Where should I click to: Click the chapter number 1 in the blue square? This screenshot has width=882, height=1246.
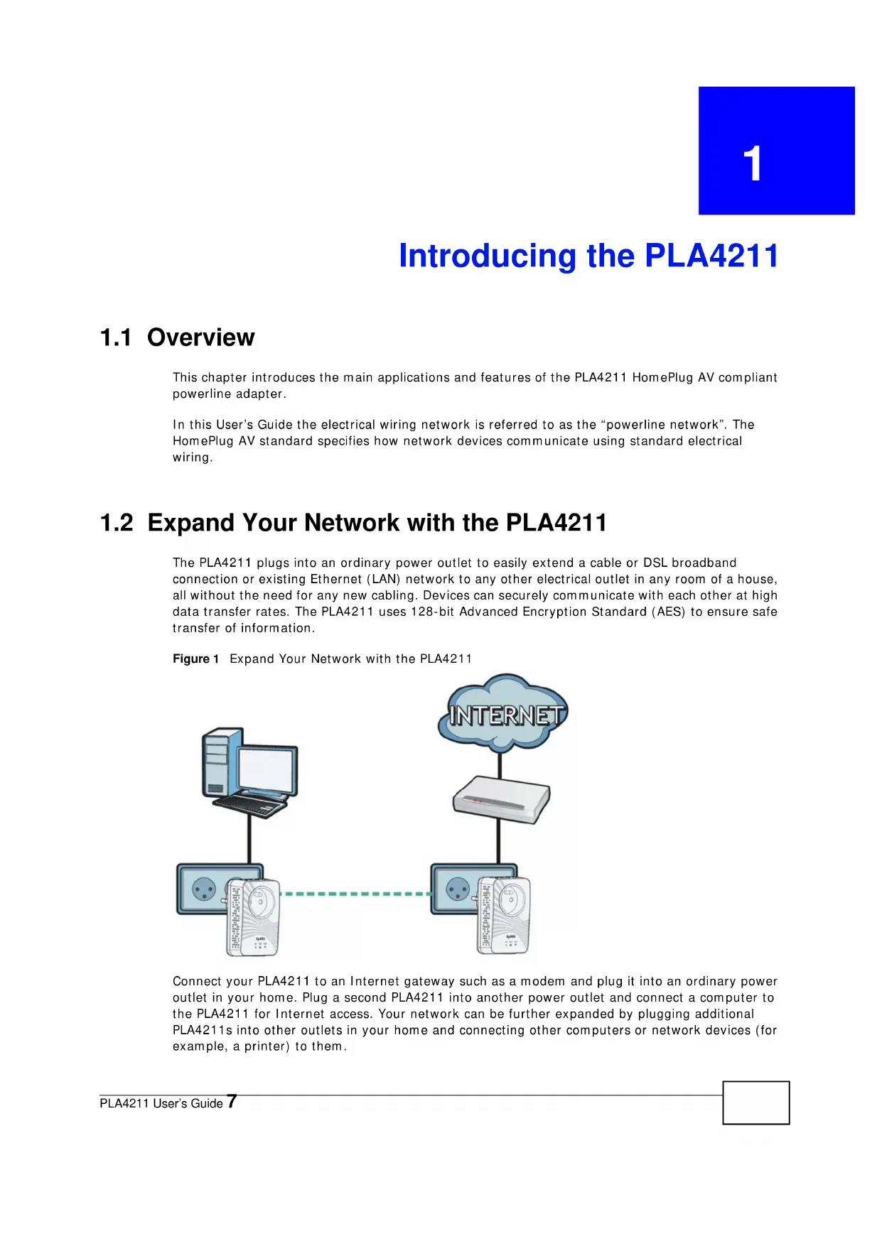[x=753, y=163]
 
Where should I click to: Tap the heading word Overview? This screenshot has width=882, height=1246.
[x=200, y=337]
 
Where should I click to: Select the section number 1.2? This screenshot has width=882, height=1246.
[x=117, y=523]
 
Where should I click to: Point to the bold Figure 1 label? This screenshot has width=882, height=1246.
[x=195, y=659]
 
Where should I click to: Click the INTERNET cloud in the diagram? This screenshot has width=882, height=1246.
[x=502, y=713]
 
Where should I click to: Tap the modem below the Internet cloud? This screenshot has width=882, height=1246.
[x=502, y=799]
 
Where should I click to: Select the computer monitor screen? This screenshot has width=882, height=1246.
[x=267, y=770]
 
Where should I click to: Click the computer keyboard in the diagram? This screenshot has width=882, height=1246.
[x=251, y=806]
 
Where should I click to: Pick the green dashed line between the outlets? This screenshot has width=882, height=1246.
[x=355, y=894]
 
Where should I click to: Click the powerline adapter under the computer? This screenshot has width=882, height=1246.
[x=252, y=916]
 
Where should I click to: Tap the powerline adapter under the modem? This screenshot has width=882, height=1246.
[x=503, y=915]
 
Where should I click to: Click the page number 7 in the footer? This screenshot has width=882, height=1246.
[x=232, y=1102]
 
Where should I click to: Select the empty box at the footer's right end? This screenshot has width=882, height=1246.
[x=756, y=1103]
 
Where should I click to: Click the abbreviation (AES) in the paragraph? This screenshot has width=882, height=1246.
[x=669, y=612]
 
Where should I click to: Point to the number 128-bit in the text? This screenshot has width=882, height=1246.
[x=432, y=612]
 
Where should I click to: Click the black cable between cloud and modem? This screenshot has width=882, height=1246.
[x=500, y=764]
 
